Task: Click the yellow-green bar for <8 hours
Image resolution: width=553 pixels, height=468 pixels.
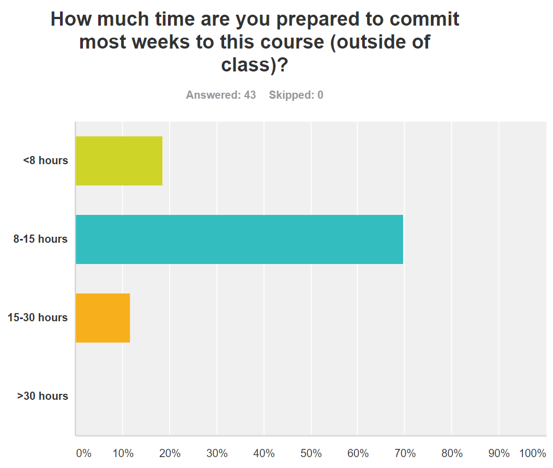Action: [x=119, y=161]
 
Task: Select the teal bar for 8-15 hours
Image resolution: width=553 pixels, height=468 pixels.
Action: [x=239, y=239]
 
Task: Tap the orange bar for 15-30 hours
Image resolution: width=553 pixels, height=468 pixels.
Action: [x=103, y=318]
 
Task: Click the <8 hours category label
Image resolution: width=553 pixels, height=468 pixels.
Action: [x=46, y=160]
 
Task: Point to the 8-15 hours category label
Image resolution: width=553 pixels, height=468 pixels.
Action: [x=41, y=239]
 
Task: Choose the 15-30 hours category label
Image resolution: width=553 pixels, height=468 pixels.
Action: [x=38, y=317]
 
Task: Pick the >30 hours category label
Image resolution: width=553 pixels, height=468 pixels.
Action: [x=43, y=396]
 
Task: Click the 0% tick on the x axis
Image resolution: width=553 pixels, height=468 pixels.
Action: [x=83, y=453]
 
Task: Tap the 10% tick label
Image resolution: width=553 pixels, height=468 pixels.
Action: [x=123, y=453]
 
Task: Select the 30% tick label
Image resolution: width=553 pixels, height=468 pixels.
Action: [x=217, y=453]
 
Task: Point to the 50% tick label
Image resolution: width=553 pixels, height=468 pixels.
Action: [x=311, y=453]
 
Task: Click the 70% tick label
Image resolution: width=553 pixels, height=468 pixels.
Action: [x=405, y=453]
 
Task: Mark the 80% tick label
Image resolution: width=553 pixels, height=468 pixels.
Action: [x=452, y=453]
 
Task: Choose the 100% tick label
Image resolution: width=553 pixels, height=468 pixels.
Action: [x=533, y=453]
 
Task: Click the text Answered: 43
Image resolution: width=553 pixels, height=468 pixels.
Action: [x=221, y=95]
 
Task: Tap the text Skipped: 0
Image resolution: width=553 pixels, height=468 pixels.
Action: [x=296, y=95]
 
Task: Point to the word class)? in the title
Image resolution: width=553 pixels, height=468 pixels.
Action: [x=255, y=65]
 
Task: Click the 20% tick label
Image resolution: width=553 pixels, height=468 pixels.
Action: [x=170, y=453]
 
